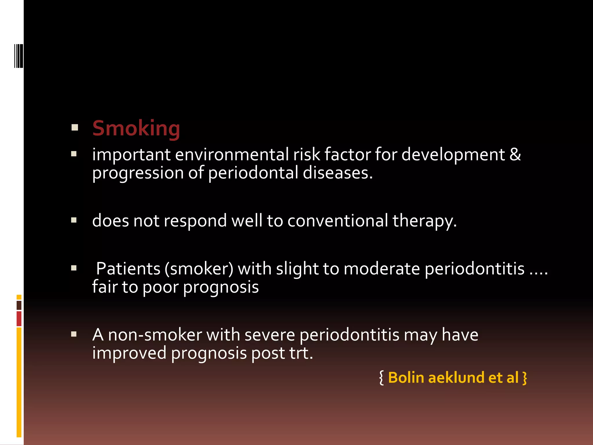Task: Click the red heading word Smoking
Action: (136, 128)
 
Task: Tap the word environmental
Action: (232, 154)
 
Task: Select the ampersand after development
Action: (515, 154)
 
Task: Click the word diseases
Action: (338, 173)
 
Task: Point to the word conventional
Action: (338, 221)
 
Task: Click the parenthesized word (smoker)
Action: (199, 269)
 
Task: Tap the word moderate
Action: (382, 269)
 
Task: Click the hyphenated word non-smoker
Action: (155, 335)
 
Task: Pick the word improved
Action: (129, 353)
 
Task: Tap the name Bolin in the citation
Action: (406, 378)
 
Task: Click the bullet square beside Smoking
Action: (75, 128)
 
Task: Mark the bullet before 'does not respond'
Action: (74, 220)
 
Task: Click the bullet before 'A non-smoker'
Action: (74, 335)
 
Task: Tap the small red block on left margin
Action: (19, 319)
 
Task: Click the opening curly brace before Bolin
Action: (382, 378)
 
